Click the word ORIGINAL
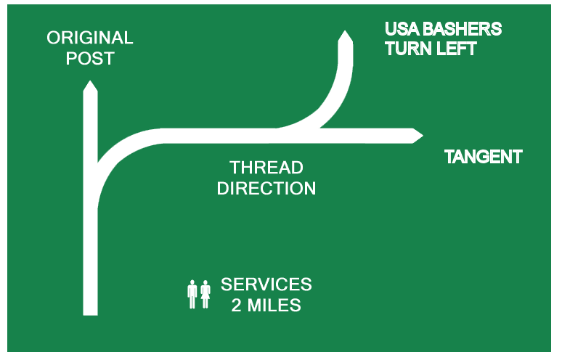pos(90,38)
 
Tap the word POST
pos(90,59)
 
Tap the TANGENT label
pos(483,157)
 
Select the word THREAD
pos(266,168)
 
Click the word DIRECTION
pos(266,189)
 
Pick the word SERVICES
pos(266,284)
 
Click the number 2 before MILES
pos(237,305)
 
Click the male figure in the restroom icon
pos(192,294)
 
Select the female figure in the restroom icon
pos(205,294)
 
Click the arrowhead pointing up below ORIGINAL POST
pos(90,87)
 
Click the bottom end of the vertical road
pos(90,312)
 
